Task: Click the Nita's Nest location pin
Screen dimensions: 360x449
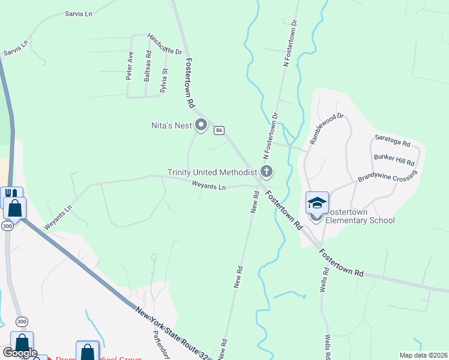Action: (201, 125)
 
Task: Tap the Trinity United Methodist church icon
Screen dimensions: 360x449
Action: (267, 172)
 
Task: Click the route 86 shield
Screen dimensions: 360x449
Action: (220, 130)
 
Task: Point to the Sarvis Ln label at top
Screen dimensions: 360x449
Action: (79, 13)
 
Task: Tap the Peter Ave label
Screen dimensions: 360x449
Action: (129, 65)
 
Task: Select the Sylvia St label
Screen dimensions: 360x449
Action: (163, 81)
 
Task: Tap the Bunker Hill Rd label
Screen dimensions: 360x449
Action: (394, 159)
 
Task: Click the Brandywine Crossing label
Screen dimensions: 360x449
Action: (387, 178)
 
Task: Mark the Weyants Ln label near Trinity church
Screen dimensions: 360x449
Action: (208, 187)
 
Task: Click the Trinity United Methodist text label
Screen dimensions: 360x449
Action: (212, 173)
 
